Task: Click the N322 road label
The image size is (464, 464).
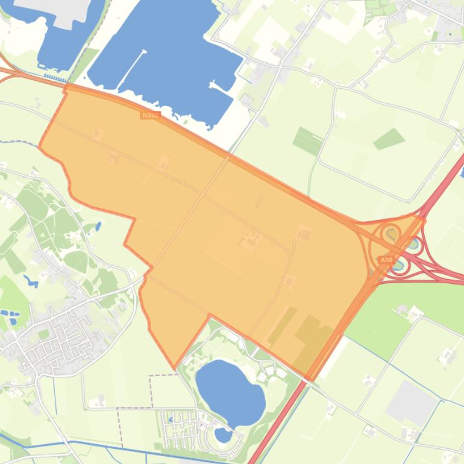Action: click(149, 114)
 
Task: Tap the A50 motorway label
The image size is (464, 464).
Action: click(386, 260)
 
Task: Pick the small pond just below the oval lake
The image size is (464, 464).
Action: click(223, 434)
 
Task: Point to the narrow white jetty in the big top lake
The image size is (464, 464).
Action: click(134, 64)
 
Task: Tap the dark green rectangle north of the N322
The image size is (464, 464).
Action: click(308, 141)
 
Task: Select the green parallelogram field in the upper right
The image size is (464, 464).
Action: click(389, 139)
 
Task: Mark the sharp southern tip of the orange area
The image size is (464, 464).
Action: click(175, 368)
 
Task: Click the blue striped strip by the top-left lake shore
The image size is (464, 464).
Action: click(55, 79)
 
